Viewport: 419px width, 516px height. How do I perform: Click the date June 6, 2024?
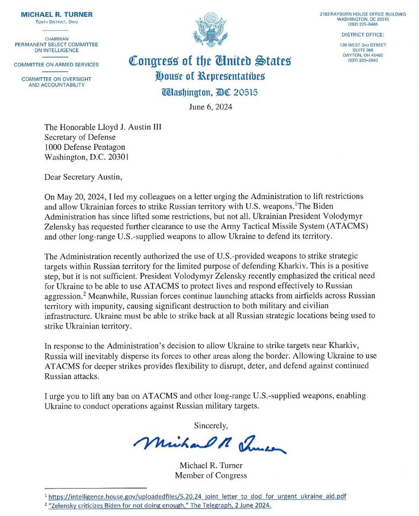(210, 106)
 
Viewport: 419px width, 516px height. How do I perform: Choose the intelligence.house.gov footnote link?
(197, 497)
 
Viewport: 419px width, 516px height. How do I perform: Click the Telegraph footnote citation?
(160, 506)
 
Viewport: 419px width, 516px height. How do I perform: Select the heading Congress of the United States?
(210, 60)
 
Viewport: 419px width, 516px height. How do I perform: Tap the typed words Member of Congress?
(211, 475)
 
